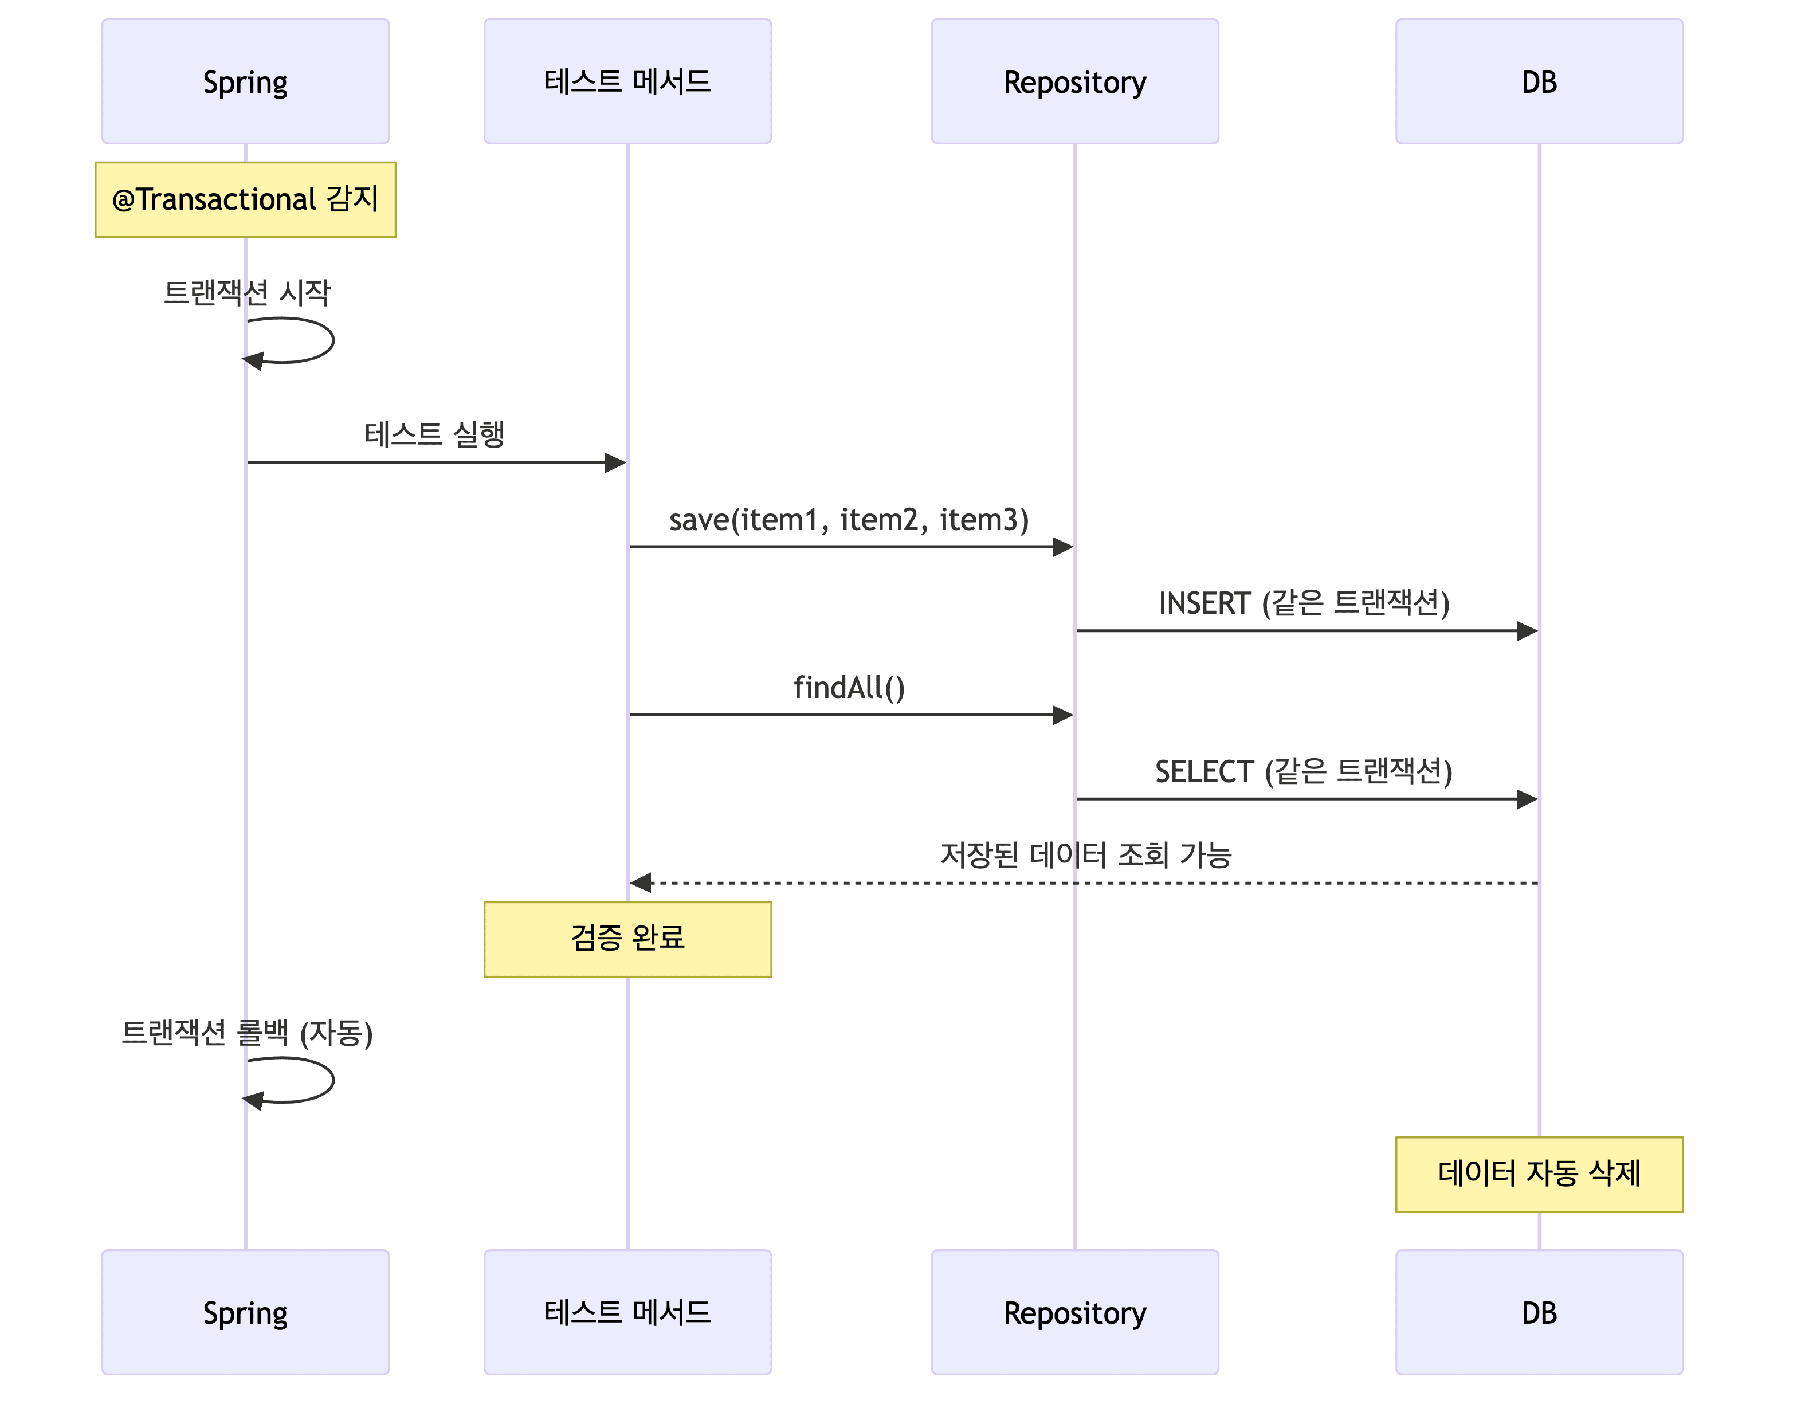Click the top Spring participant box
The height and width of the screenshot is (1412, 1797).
pyautogui.click(x=245, y=81)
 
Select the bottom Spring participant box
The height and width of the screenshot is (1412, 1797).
pyautogui.click(x=245, y=1312)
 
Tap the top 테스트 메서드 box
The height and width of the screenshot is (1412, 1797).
pyautogui.click(x=627, y=81)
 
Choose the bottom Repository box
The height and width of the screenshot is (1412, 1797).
pyautogui.click(x=1074, y=1312)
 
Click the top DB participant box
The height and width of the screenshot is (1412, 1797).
pyautogui.click(x=1539, y=81)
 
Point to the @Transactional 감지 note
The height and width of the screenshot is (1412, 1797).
pyautogui.click(x=245, y=200)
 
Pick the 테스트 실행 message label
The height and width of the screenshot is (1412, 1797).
pyautogui.click(x=435, y=434)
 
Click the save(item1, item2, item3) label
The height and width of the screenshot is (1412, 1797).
pyautogui.click(x=849, y=520)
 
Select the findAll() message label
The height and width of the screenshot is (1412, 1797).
pyautogui.click(x=849, y=688)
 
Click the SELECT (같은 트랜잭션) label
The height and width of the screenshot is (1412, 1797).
pyautogui.click(x=1304, y=771)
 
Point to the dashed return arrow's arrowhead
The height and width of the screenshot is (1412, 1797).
pyautogui.click(x=641, y=883)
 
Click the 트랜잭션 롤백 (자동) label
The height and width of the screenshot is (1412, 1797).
pyautogui.click(x=246, y=1033)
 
